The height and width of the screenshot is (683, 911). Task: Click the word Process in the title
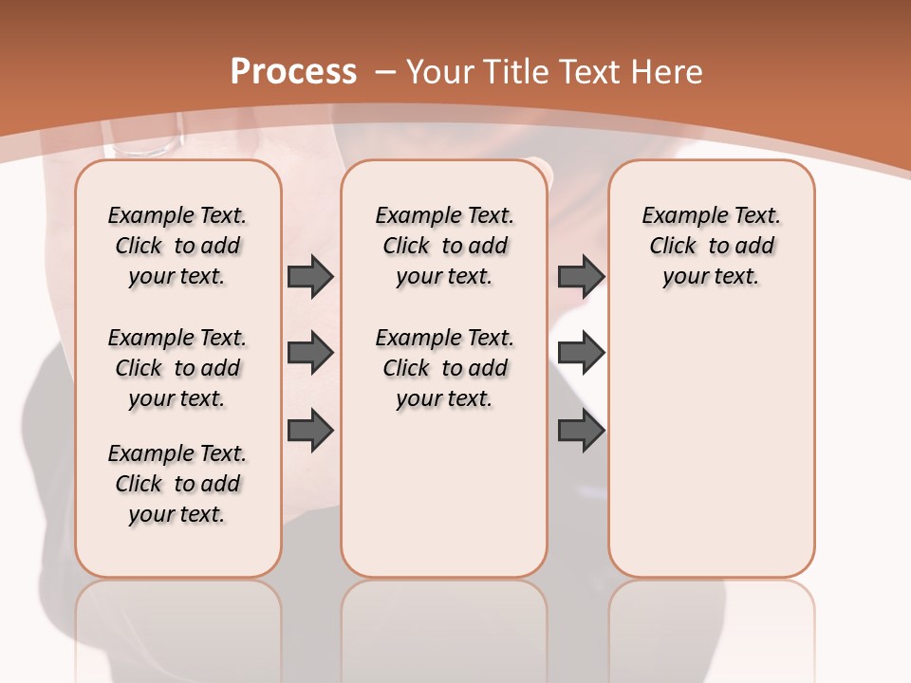point(293,72)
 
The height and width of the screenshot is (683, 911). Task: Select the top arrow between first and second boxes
point(310,276)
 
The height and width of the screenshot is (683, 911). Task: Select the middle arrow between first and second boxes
point(310,353)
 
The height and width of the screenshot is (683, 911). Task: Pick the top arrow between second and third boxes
point(581,276)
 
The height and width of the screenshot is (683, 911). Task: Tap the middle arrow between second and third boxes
point(581,353)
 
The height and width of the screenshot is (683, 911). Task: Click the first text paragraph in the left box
point(177,246)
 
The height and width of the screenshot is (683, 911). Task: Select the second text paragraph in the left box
point(177,368)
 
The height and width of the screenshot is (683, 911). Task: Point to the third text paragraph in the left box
point(177,484)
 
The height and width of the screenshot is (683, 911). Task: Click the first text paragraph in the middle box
point(444,246)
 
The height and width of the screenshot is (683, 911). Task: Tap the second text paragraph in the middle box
point(444,368)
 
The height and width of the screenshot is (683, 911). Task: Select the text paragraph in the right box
point(711,246)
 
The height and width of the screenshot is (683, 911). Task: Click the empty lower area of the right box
point(711,446)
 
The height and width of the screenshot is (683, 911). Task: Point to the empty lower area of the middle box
point(444,493)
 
